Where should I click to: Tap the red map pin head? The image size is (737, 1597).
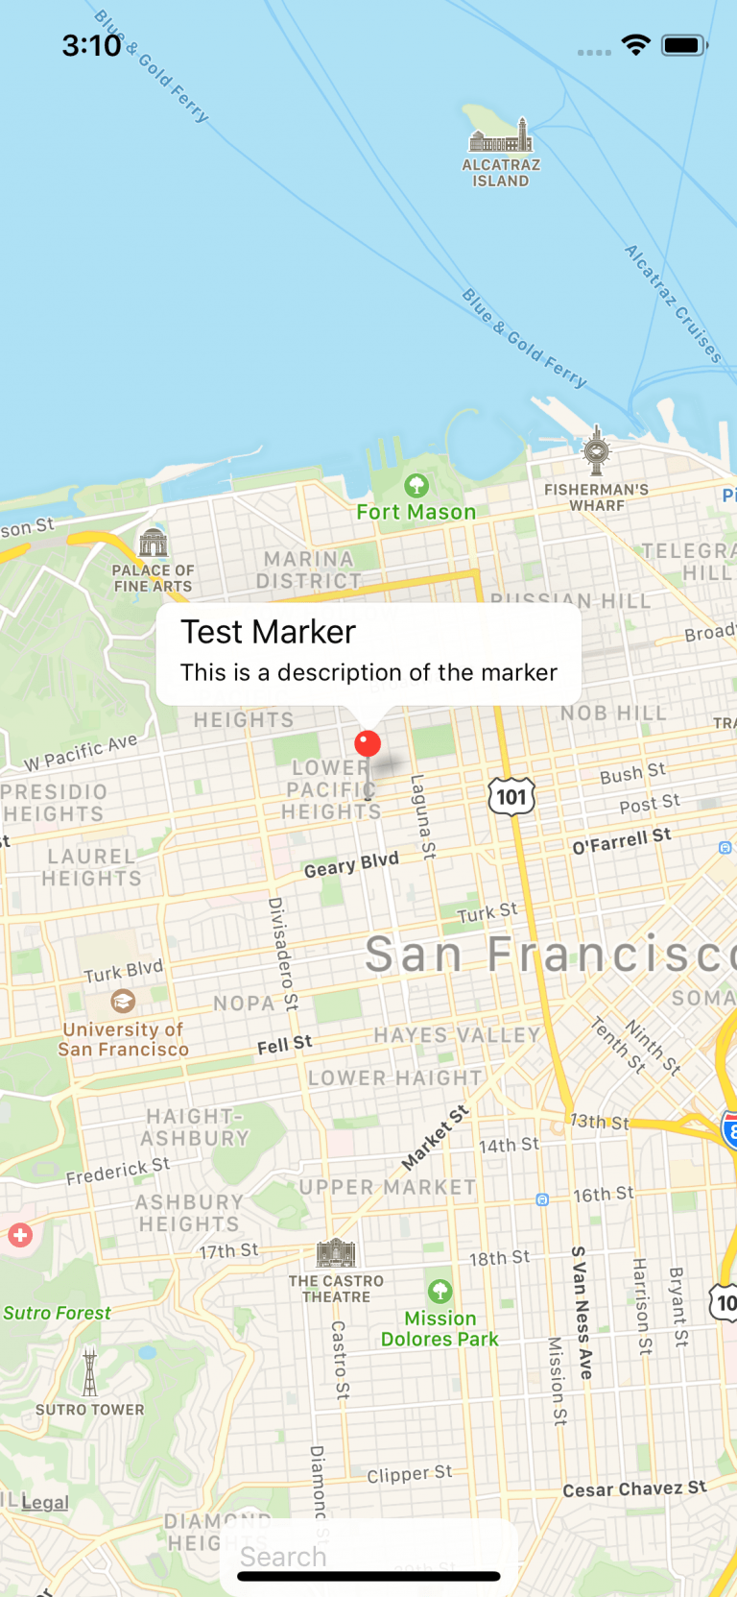pyautogui.click(x=368, y=743)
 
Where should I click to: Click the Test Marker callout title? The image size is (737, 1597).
pyautogui.click(x=269, y=632)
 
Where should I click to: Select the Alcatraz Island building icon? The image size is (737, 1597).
pyautogui.click(x=500, y=137)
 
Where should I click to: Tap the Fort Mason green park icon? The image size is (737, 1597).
pyautogui.click(x=416, y=485)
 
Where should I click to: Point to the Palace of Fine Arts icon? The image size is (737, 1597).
pyautogui.click(x=154, y=544)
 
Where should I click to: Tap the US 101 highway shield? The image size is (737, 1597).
pyautogui.click(x=511, y=796)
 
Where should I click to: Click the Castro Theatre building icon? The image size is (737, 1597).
pyautogui.click(x=336, y=1253)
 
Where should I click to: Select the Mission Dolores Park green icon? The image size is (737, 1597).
pyautogui.click(x=440, y=1291)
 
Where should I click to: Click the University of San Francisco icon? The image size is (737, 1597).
pyautogui.click(x=123, y=1002)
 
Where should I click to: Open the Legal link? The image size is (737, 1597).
pyautogui.click(x=45, y=1502)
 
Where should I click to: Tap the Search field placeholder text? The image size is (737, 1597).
pyautogui.click(x=284, y=1557)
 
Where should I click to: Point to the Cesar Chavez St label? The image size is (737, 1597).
pyautogui.click(x=634, y=1488)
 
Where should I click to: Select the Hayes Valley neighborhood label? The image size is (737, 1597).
pyautogui.click(x=458, y=1035)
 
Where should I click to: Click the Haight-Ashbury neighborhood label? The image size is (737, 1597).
pyautogui.click(x=196, y=1127)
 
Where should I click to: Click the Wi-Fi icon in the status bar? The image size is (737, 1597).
pyautogui.click(x=635, y=45)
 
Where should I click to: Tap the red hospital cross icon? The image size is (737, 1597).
pyautogui.click(x=20, y=1235)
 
